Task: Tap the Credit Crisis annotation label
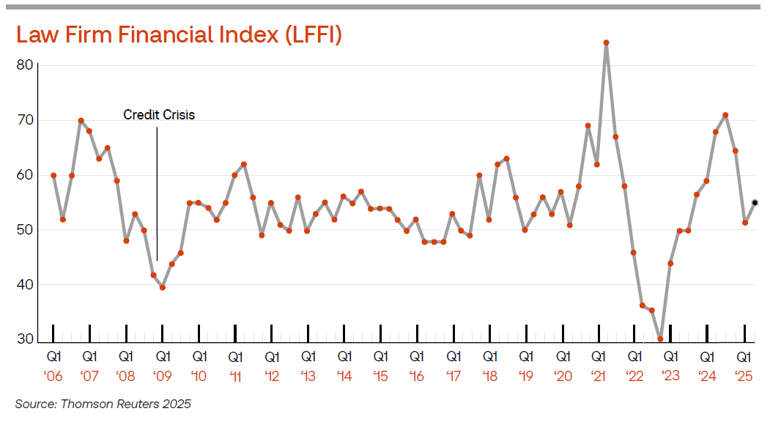(x=159, y=115)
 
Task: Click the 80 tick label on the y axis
(x=25, y=65)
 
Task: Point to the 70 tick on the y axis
(x=25, y=120)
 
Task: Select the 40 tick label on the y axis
(x=25, y=284)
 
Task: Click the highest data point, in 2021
(x=606, y=42)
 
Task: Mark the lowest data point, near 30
(x=660, y=339)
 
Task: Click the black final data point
(x=755, y=203)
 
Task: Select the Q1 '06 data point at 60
(x=53, y=175)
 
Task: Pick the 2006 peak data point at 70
(x=81, y=121)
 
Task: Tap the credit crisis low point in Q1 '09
(x=163, y=287)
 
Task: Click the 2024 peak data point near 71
(x=726, y=115)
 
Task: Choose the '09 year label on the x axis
(x=163, y=376)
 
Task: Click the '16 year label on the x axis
(x=417, y=376)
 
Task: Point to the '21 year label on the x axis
(x=599, y=376)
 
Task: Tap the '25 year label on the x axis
(x=744, y=376)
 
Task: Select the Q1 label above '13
(x=308, y=357)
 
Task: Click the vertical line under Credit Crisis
(x=157, y=194)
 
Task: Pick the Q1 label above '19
(x=527, y=357)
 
